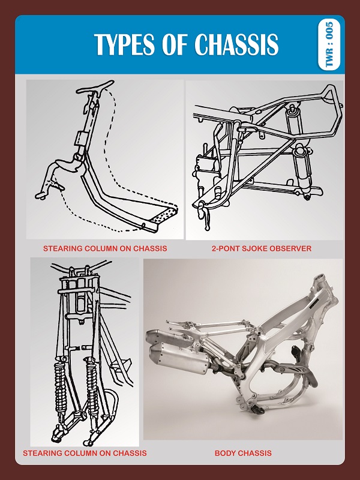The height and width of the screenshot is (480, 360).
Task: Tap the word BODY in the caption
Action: tap(226, 453)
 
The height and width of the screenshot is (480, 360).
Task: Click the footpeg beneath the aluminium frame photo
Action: tap(259, 413)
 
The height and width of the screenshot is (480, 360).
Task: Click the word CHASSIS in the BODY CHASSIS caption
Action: tap(256, 453)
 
